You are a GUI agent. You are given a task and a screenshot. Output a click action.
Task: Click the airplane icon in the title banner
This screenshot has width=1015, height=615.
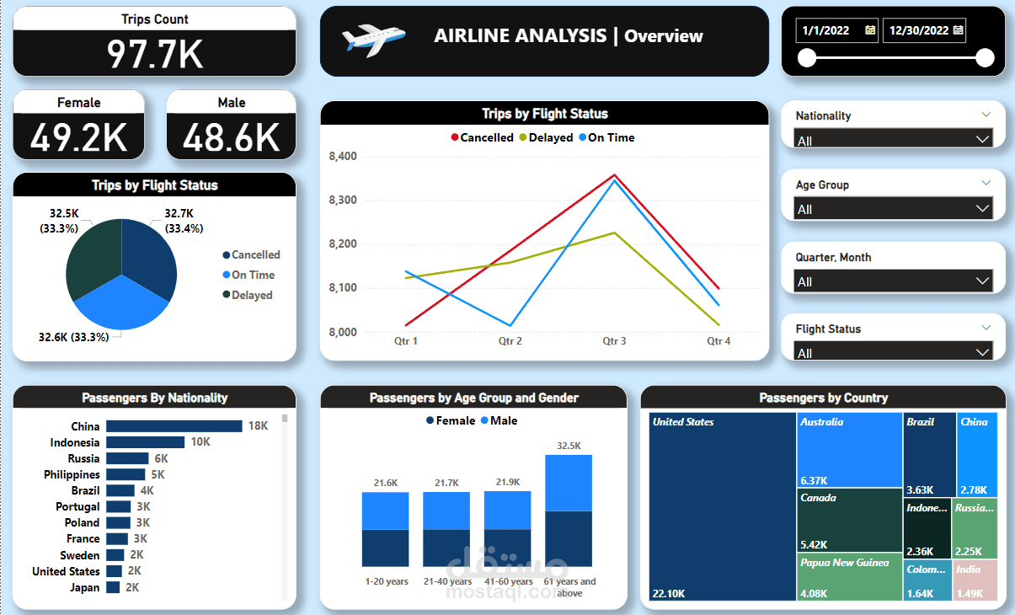click(373, 39)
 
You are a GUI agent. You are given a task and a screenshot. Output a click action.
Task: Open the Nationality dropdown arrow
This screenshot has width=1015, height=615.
click(982, 139)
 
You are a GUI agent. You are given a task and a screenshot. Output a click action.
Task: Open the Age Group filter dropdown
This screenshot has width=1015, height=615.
click(982, 208)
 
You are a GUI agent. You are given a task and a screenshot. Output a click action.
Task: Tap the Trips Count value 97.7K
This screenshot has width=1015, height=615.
click(155, 53)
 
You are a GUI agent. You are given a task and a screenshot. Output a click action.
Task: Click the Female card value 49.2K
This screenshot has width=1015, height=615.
click(79, 137)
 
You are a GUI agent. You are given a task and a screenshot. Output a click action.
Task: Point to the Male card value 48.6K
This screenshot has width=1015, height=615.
click(232, 137)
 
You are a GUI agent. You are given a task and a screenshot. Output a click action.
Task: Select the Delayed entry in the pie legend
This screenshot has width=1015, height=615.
click(251, 295)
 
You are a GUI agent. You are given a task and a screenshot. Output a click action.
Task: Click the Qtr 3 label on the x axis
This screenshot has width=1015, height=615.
click(614, 341)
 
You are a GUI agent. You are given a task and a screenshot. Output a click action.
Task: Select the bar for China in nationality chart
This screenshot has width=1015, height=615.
click(174, 426)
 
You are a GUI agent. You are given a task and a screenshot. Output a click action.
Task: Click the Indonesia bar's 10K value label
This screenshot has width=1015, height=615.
click(200, 442)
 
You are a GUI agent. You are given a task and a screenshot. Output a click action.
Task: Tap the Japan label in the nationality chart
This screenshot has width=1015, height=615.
click(85, 587)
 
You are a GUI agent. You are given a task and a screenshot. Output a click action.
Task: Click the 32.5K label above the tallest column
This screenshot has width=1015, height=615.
click(569, 446)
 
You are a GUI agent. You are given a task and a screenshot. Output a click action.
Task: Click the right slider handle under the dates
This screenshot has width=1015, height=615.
click(984, 58)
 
